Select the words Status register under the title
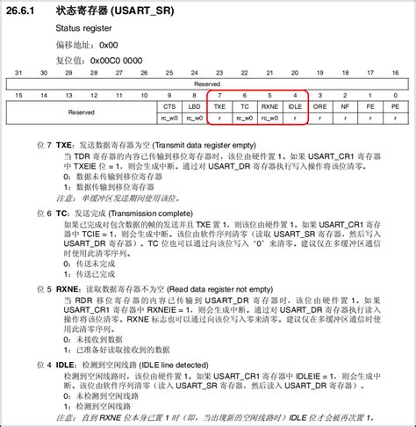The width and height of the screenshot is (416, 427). tap(84, 28)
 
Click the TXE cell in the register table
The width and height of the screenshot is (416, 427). tap(219, 105)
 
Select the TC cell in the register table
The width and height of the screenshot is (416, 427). tap(245, 105)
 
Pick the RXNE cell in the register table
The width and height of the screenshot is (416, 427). tap(269, 105)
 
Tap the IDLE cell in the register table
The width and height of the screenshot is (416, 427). tap(295, 105)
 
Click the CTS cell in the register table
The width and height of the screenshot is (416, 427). tap(169, 105)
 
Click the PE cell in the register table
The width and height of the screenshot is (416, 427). tap(395, 105)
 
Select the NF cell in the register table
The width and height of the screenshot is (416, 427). tap(345, 105)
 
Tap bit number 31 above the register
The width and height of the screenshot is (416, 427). tap(18, 73)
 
